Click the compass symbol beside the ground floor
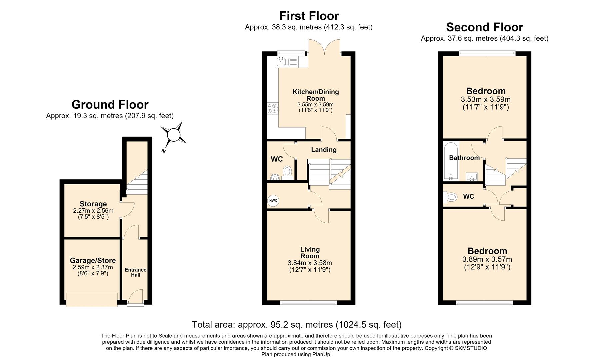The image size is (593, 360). coord(173,135)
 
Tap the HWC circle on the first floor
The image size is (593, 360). coord(273,201)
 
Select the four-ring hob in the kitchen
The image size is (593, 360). coord(272,108)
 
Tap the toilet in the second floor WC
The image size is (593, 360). coord(450,197)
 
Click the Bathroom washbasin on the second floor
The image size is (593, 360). coord(472,177)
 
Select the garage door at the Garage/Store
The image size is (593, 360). coord(92,299)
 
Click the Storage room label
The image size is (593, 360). coord(93,204)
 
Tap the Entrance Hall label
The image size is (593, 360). coord(135,272)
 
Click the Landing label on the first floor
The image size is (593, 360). coord(324,150)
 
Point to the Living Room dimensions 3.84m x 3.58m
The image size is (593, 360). coord(310,263)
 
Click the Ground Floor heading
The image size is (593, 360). coord(110,104)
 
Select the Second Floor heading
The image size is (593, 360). coord(485,27)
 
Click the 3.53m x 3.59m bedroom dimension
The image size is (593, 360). coord(486,99)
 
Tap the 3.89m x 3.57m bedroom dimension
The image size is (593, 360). coord(487,259)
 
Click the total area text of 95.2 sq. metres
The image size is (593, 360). coord(297,324)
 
